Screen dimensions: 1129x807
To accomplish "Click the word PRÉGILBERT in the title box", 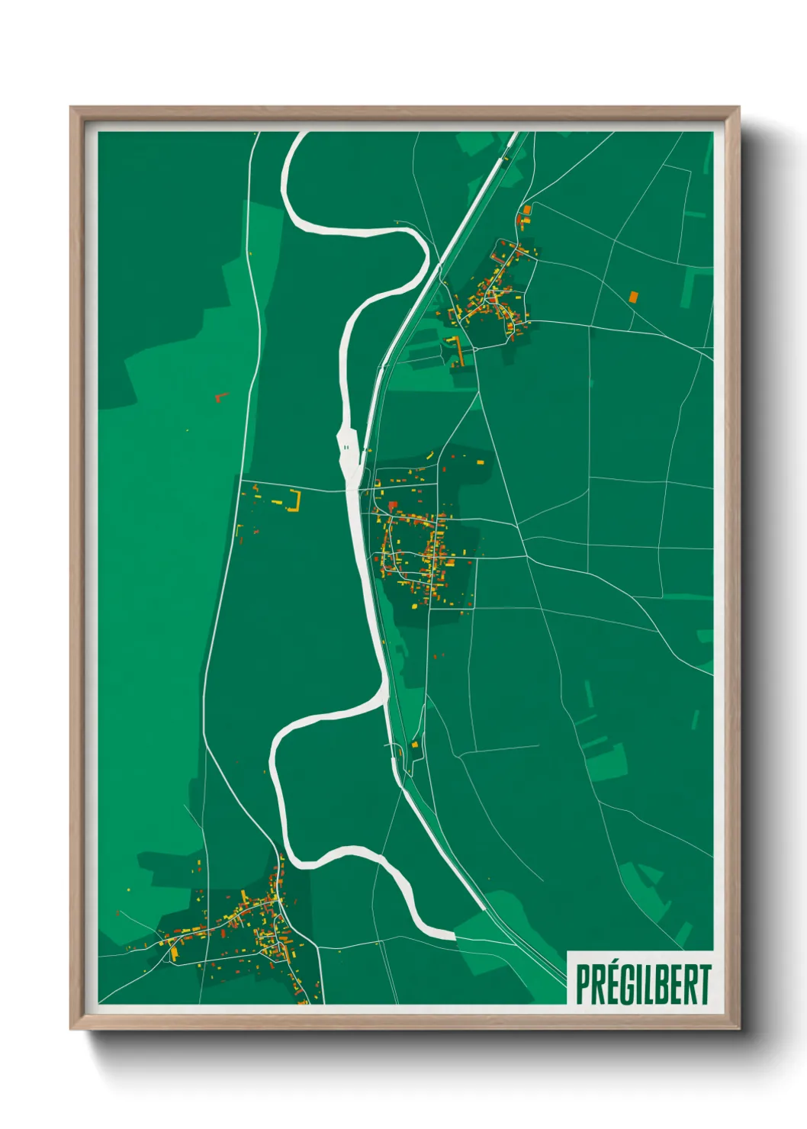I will [643, 984].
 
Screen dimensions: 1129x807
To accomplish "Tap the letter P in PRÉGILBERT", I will [584, 984].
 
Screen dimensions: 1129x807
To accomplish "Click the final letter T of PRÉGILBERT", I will [704, 984].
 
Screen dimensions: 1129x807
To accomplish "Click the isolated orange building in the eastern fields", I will [633, 296].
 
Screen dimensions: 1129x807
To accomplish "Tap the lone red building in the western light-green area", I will [221, 397].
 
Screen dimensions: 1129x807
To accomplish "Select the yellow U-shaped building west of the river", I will [294, 501].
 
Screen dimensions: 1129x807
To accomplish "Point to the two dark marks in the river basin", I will [346, 447].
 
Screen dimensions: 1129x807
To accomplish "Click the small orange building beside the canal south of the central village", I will [415, 744].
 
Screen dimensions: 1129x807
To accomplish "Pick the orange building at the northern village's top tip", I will [526, 209].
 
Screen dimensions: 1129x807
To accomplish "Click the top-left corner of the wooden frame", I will [72, 108].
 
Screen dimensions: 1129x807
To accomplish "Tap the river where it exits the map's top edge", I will [301, 134].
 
